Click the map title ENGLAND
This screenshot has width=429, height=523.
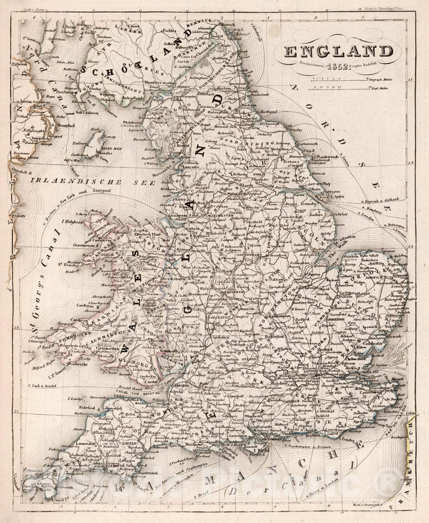[338, 51]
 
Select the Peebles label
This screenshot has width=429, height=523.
[169, 31]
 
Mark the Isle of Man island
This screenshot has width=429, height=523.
[93, 146]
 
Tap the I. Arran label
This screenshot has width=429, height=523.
[69, 27]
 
